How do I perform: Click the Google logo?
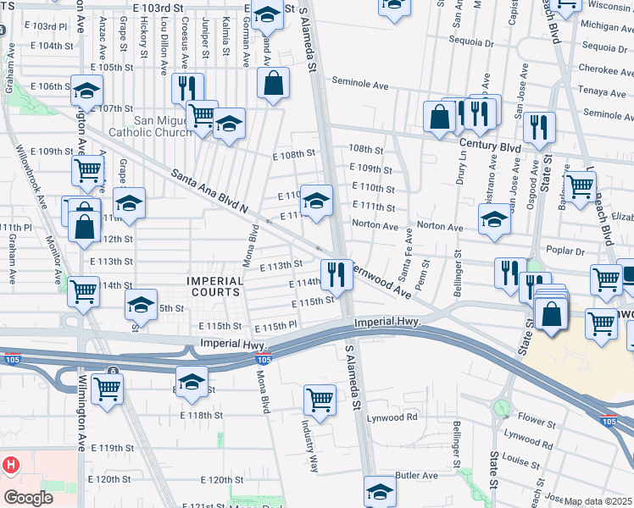coord(29,498)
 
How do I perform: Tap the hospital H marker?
coord(10,466)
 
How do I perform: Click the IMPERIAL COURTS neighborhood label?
coord(216,286)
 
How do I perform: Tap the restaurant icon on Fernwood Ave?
coord(338,272)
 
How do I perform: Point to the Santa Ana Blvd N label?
coord(209,190)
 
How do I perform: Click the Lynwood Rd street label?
coord(392,417)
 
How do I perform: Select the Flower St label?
coord(536,418)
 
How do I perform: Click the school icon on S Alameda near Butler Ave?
coord(380,490)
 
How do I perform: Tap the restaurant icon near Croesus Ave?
coord(186,87)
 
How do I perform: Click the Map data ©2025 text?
coord(598,501)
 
